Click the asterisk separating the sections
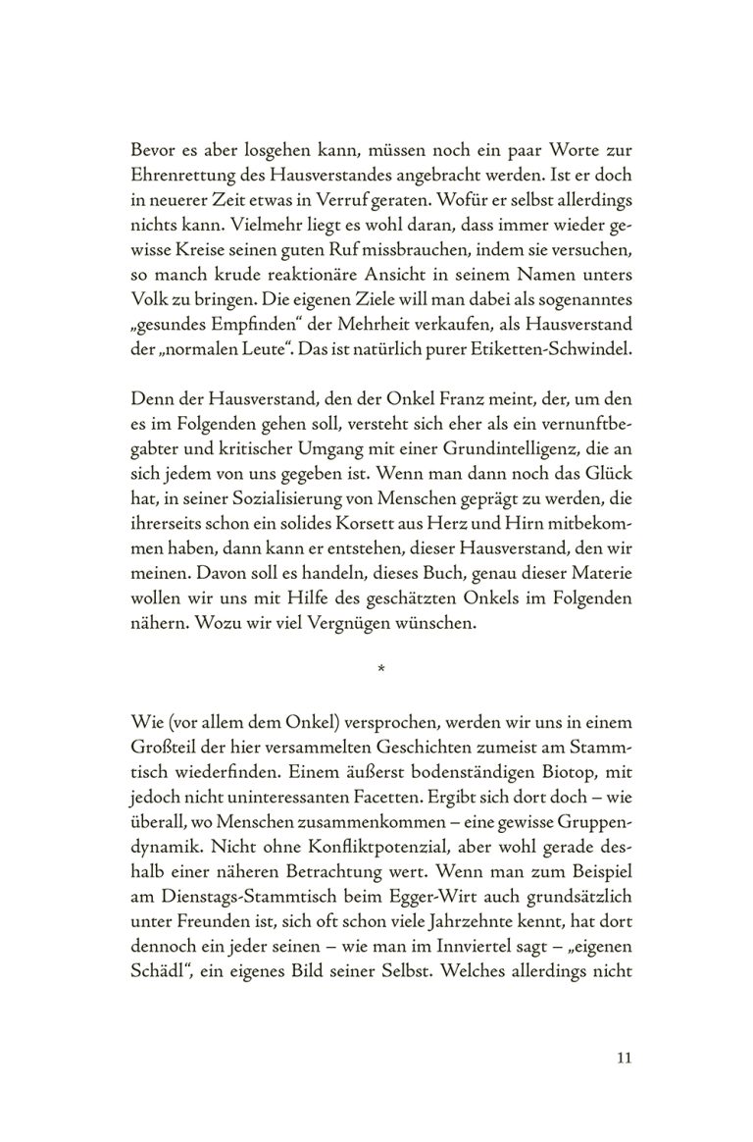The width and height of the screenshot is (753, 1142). (380, 670)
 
